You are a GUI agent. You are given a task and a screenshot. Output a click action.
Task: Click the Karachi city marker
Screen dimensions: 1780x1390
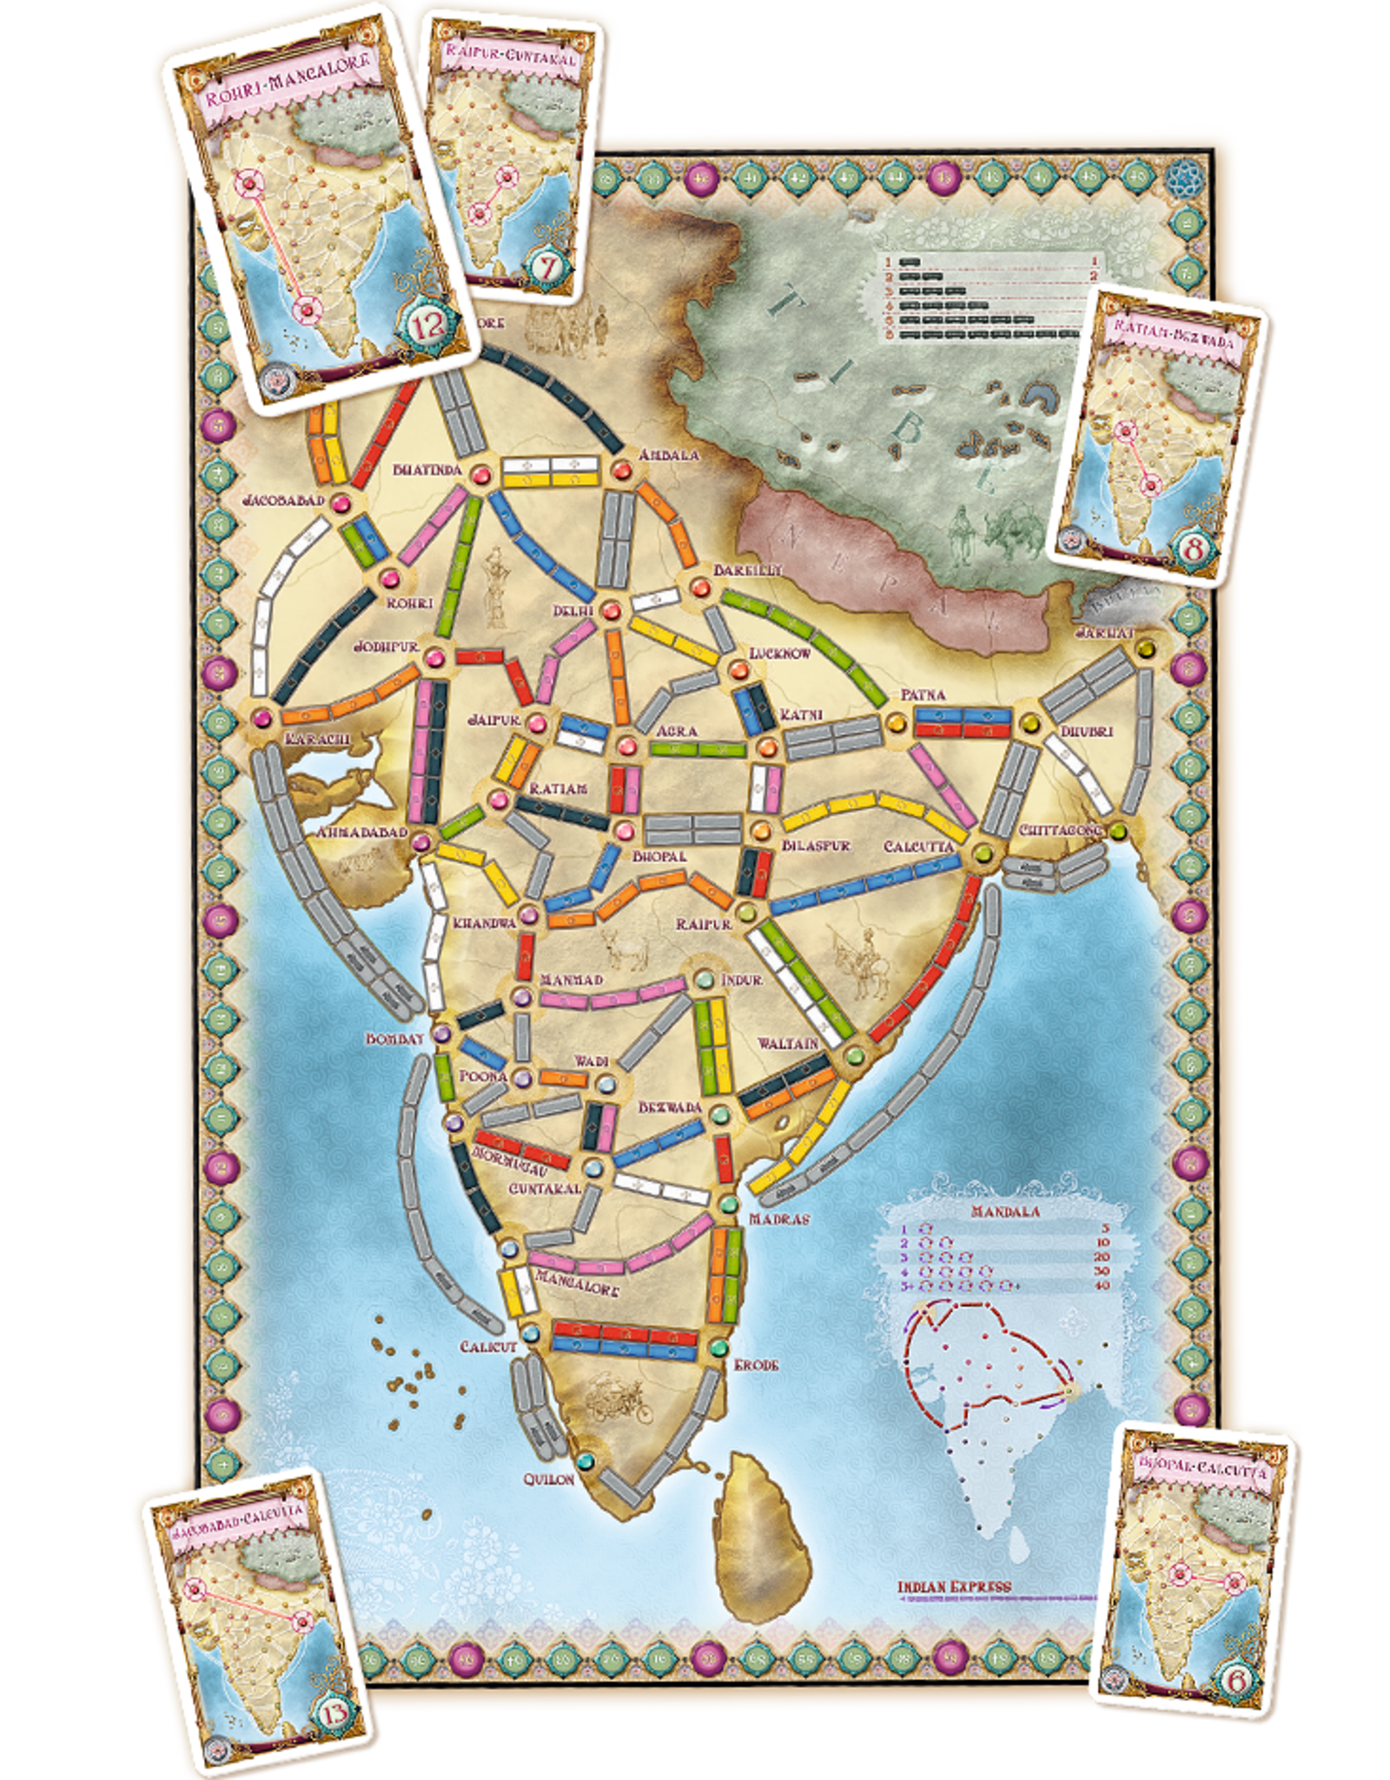263,717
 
